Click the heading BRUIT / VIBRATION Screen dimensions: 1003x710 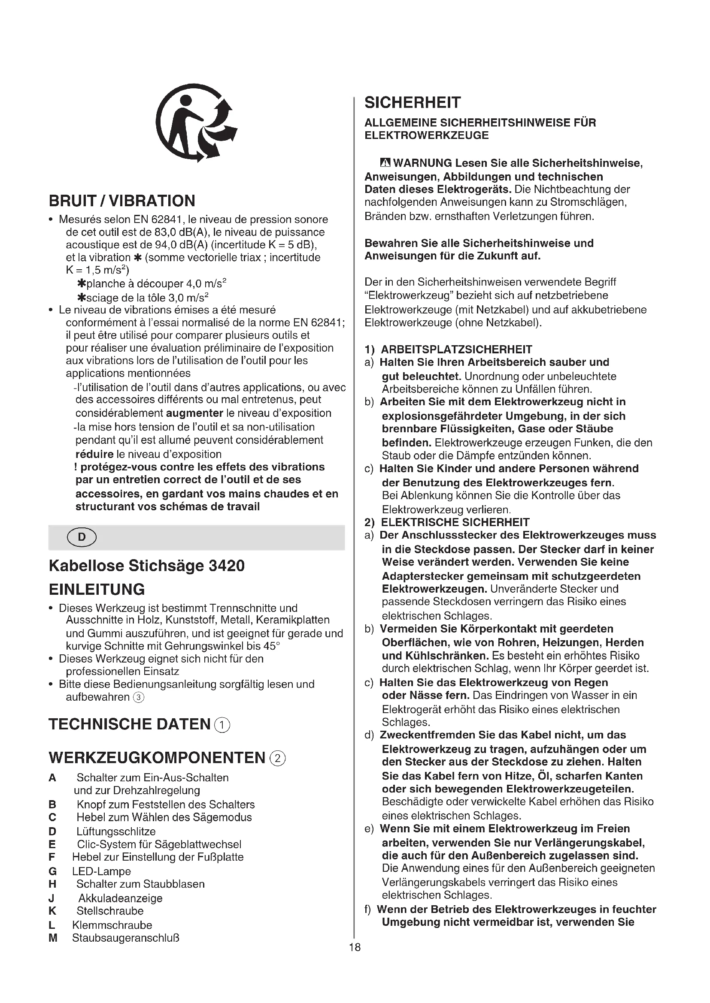[x=122, y=201]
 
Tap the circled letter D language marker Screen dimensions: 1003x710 [x=82, y=537]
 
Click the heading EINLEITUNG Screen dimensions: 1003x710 [x=97, y=589]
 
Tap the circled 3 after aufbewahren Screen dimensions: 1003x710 [x=138, y=698]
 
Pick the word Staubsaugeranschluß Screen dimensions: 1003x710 [x=125, y=938]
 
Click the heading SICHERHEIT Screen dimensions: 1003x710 [x=412, y=102]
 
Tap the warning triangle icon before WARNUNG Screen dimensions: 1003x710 [x=385, y=163]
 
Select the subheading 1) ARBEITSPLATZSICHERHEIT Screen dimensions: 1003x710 [x=448, y=349]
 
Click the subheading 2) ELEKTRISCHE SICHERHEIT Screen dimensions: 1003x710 [x=447, y=522]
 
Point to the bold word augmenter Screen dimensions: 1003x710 [x=194, y=413]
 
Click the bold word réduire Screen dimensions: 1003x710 [x=94, y=454]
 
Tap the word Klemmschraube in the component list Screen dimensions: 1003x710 [x=112, y=925]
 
